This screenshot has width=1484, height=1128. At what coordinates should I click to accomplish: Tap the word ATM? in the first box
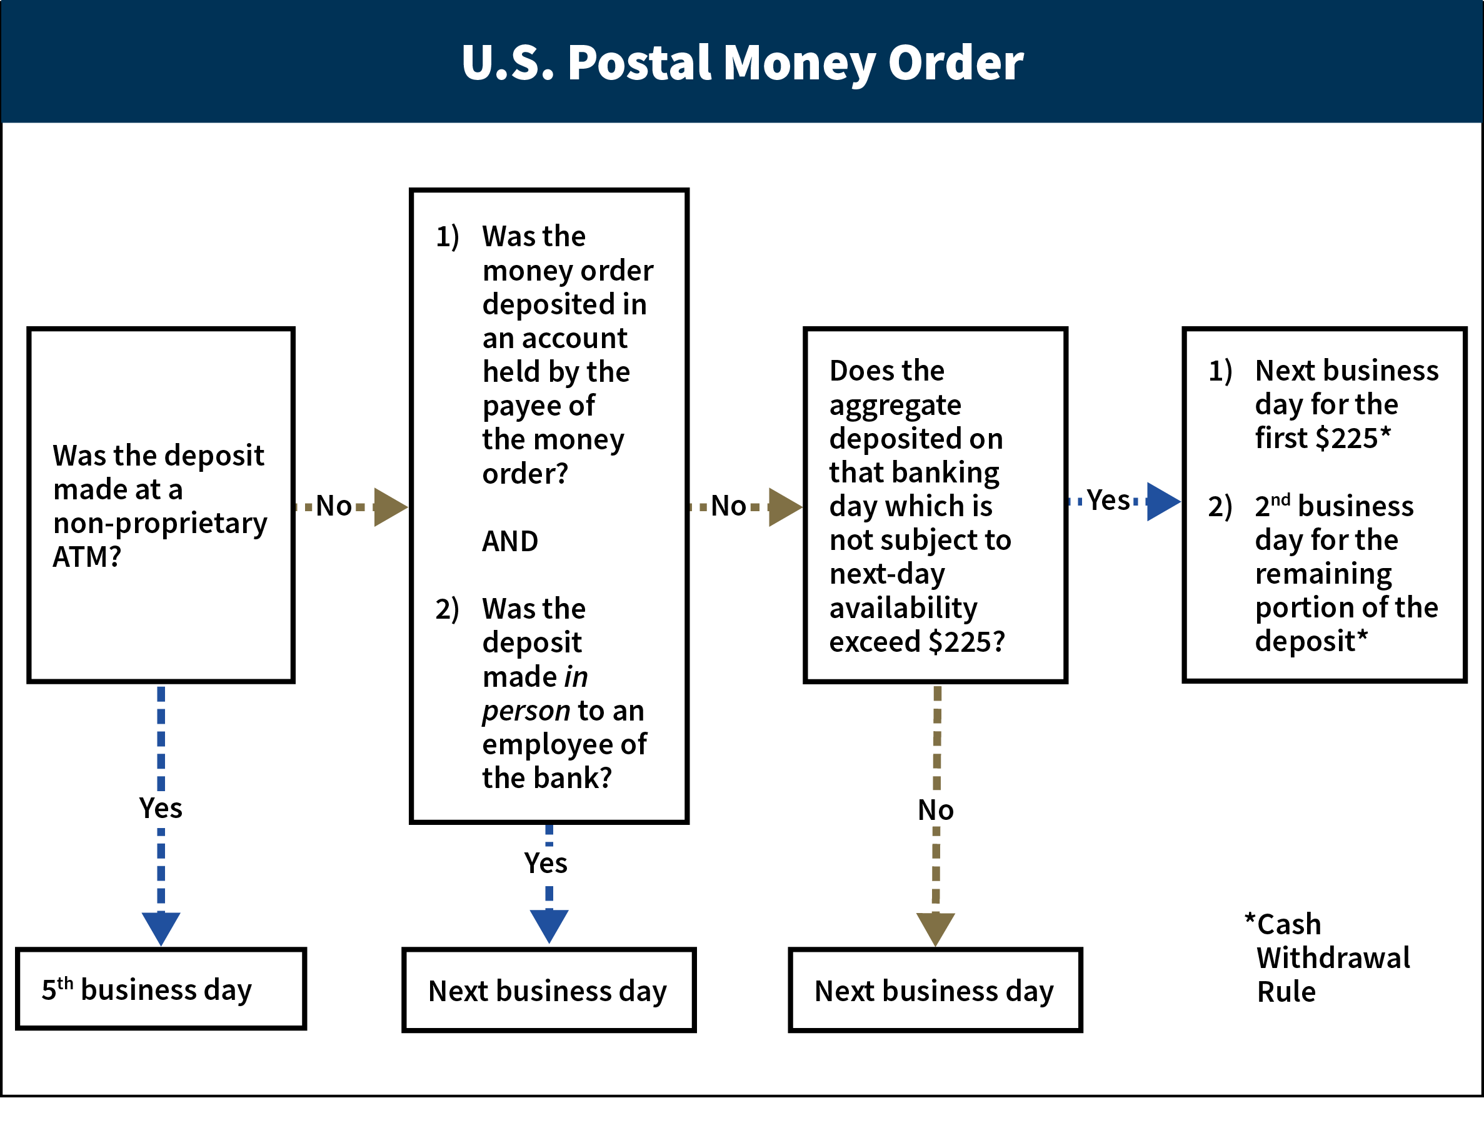[87, 557]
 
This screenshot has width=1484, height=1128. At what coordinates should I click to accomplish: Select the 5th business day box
[161, 989]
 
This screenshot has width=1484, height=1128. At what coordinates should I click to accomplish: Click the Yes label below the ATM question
[161, 808]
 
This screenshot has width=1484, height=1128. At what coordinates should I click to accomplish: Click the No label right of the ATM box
[334, 506]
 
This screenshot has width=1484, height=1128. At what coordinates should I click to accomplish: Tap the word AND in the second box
[509, 541]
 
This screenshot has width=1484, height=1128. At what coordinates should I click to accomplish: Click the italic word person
[526, 711]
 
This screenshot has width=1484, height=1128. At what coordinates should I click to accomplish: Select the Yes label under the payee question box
[545, 863]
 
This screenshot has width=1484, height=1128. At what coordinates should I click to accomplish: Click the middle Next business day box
[548, 991]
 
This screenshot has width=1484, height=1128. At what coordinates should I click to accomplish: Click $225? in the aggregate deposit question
[966, 642]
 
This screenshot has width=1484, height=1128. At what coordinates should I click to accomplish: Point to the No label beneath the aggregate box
[935, 811]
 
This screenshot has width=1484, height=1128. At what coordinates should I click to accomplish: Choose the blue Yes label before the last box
[1109, 500]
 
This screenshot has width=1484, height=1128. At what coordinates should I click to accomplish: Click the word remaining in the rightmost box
[1323, 574]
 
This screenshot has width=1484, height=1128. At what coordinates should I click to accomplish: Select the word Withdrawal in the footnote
[1333, 957]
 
